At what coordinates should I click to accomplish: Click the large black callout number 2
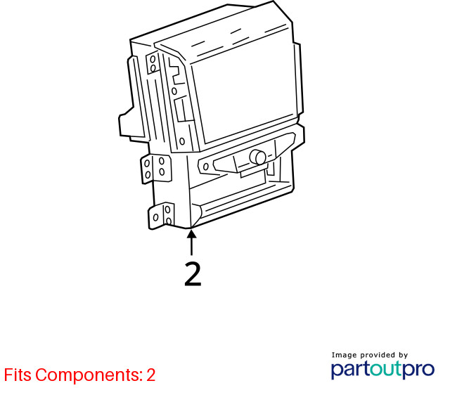pyautogui.click(x=193, y=274)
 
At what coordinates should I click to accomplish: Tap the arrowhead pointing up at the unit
pyautogui.click(x=191, y=233)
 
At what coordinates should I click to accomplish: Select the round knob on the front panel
pyautogui.click(x=258, y=157)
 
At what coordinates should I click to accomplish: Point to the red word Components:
pyautogui.click(x=89, y=375)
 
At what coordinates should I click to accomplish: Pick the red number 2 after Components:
pyautogui.click(x=151, y=375)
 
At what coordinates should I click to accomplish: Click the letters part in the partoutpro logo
pyautogui.click(x=350, y=370)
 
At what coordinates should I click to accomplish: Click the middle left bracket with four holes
pyautogui.click(x=156, y=169)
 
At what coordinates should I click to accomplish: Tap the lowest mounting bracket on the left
pyautogui.click(x=161, y=216)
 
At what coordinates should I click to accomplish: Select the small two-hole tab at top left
pyautogui.click(x=153, y=64)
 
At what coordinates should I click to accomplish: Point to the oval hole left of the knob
pyautogui.click(x=205, y=167)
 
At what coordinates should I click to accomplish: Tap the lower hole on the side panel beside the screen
pyautogui.click(x=182, y=141)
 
